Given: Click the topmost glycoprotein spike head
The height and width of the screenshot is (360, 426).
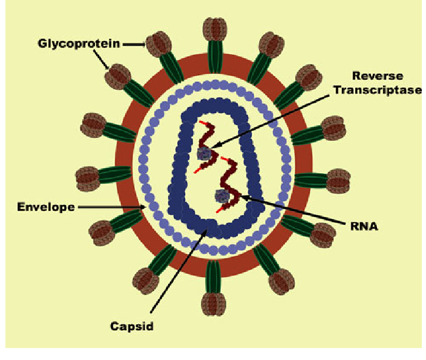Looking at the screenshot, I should (x=215, y=29).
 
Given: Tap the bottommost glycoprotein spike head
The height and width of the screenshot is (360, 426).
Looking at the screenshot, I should (x=213, y=304).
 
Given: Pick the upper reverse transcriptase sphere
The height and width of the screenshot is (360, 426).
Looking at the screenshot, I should (x=204, y=153).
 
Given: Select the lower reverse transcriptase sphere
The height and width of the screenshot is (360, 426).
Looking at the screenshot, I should (x=222, y=195).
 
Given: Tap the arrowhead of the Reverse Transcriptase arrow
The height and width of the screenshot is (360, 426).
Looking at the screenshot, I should (x=214, y=145).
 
